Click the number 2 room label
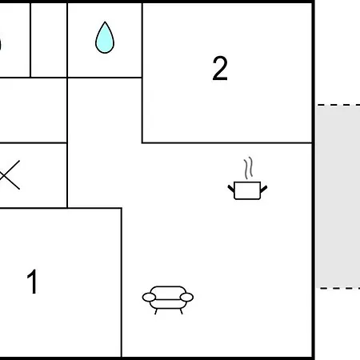(x=220, y=69)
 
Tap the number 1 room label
(x=32, y=282)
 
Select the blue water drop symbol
(x=105, y=38)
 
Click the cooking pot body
(x=247, y=190)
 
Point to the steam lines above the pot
(x=248, y=168)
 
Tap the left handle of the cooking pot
(x=231, y=189)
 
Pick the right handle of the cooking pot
(x=264, y=189)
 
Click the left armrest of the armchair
(x=149, y=297)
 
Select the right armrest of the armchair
(x=186, y=297)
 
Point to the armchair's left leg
(x=156, y=311)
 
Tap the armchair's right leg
(x=182, y=311)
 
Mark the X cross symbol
(x=10, y=175)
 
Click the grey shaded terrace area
(x=338, y=197)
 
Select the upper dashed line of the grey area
(x=338, y=105)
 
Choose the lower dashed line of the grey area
(x=340, y=288)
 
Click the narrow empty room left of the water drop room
(x=49, y=40)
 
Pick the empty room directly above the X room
(x=33, y=110)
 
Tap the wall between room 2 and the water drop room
(x=142, y=40)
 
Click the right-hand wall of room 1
(x=122, y=282)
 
